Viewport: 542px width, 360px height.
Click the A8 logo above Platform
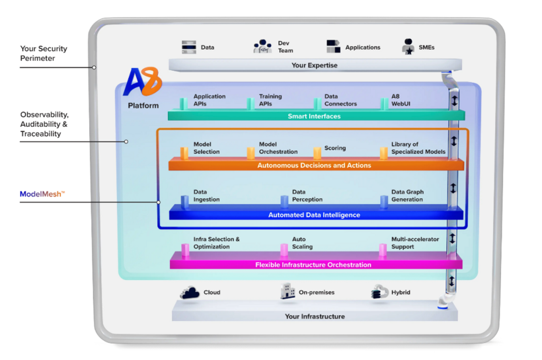[143, 83]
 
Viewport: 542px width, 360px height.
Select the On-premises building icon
[288, 292]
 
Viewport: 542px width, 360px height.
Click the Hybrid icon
[381, 292]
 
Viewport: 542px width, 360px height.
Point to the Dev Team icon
[262, 48]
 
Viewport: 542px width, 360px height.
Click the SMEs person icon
[408, 47]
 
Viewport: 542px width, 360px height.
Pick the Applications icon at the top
[333, 47]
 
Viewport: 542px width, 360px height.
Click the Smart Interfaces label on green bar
[314, 116]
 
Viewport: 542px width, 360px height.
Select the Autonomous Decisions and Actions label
[314, 165]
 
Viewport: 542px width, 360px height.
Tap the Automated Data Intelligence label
[314, 215]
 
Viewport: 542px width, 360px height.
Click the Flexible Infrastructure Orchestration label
[313, 265]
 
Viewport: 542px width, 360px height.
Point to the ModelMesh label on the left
[42, 194]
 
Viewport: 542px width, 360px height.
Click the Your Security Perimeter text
[43, 54]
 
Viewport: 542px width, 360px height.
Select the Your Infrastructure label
[315, 316]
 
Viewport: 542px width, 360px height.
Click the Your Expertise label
[315, 65]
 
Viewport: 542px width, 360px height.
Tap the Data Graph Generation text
[407, 196]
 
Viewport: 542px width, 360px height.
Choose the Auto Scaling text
[302, 243]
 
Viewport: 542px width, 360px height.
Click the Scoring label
[334, 148]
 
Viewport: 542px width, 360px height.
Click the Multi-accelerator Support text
[414, 243]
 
